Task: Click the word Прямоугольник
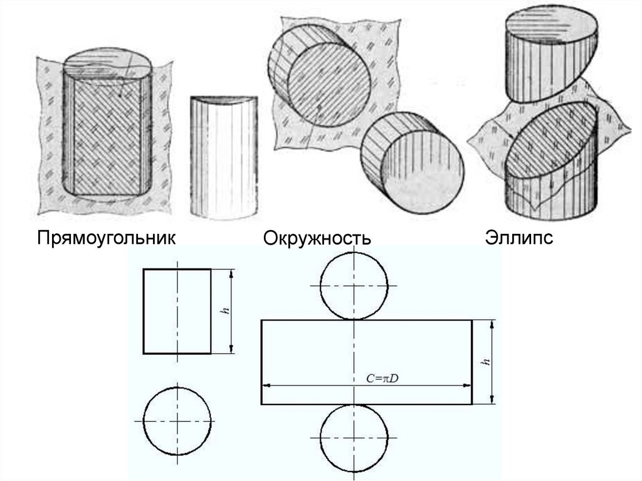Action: (x=107, y=238)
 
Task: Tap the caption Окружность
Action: (x=317, y=238)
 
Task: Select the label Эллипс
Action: (x=518, y=238)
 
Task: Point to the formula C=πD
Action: (x=382, y=379)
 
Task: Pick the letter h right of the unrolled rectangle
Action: (x=486, y=362)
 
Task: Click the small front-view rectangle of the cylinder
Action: (x=177, y=312)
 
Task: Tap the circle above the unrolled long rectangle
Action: (x=354, y=251)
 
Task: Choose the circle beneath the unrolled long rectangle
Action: (x=354, y=472)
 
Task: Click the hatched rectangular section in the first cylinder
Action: (x=107, y=137)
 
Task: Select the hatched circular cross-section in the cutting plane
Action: (x=330, y=84)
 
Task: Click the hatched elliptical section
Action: (x=550, y=139)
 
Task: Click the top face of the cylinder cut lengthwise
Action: (x=108, y=66)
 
